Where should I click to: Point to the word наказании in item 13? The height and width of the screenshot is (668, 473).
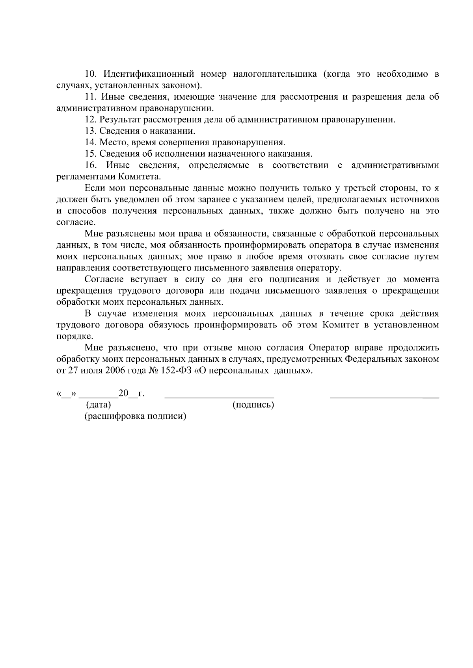pyautogui.click(x=177, y=131)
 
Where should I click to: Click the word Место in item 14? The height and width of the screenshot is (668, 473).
pyautogui.click(x=111, y=142)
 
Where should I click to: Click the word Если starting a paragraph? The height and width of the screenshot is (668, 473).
pyautogui.click(x=93, y=188)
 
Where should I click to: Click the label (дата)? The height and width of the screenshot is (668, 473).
pyautogui.click(x=99, y=405)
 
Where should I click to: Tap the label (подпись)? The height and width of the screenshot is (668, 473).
pyautogui.click(x=253, y=405)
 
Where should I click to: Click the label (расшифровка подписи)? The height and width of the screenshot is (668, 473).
pyautogui.click(x=135, y=416)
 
